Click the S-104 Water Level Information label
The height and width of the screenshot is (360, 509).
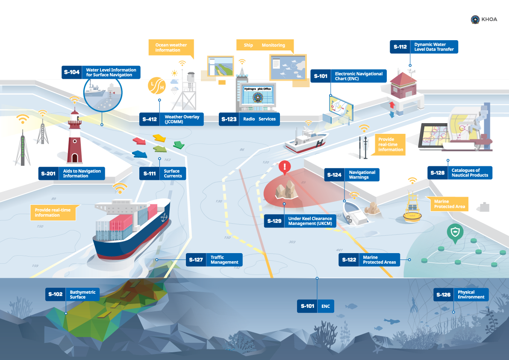pyautogui.click(x=101, y=72)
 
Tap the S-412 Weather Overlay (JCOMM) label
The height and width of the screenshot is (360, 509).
pyautogui.click(x=171, y=119)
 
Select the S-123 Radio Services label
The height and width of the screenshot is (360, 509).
pyautogui.click(x=249, y=119)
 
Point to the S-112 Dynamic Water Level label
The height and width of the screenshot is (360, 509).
pyautogui.click(x=424, y=47)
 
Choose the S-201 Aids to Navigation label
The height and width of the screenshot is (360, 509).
pyautogui.click(x=71, y=173)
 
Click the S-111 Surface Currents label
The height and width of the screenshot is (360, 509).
pyautogui.click(x=163, y=173)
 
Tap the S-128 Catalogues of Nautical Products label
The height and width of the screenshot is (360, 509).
pyautogui.click(x=460, y=173)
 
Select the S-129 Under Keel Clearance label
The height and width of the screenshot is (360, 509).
pyautogui.click(x=300, y=221)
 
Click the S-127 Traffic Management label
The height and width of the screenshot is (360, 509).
pyautogui.click(x=215, y=260)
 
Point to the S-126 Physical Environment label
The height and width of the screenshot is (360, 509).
pyautogui.click(x=461, y=295)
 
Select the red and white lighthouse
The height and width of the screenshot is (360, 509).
pyautogui.click(x=75, y=137)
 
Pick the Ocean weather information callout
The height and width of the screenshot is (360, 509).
pyautogui.click(x=171, y=47)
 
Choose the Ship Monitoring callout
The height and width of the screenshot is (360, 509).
pyautogui.click(x=265, y=45)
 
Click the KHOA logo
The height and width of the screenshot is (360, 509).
pyautogui.click(x=485, y=19)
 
